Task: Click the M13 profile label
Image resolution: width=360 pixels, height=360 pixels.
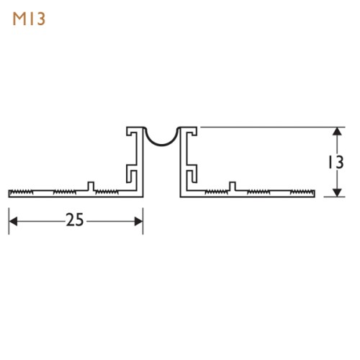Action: point(29,19)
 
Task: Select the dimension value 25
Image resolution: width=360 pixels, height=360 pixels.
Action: point(75,220)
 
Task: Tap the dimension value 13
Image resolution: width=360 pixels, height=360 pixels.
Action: point(332,163)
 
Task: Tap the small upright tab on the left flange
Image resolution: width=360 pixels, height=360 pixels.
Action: point(91,186)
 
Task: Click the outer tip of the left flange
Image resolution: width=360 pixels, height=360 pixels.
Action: point(10,192)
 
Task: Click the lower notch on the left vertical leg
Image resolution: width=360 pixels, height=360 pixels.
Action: point(132,174)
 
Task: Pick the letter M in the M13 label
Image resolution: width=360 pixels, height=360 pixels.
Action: point(19,19)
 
